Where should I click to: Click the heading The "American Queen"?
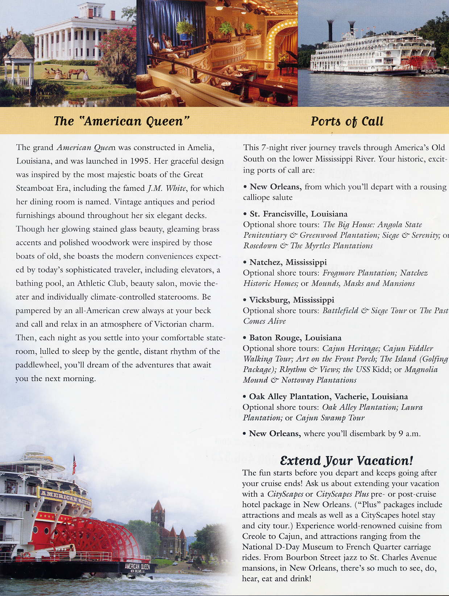pyautogui.click(x=122, y=121)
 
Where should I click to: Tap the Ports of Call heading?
pyautogui.click(x=347, y=121)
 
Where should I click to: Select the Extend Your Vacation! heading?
pyautogui.click(x=346, y=461)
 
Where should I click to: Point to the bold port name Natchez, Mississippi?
pyautogui.click(x=288, y=262)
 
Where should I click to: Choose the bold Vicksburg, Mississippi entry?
pyautogui.click(x=291, y=300)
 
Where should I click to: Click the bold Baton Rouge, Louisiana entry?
pyautogui.click(x=295, y=338)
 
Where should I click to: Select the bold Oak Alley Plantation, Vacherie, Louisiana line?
pyautogui.click(x=328, y=397)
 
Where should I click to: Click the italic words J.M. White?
pyautogui.click(x=167, y=189)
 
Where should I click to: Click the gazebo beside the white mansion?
pyautogui.click(x=18, y=65)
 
